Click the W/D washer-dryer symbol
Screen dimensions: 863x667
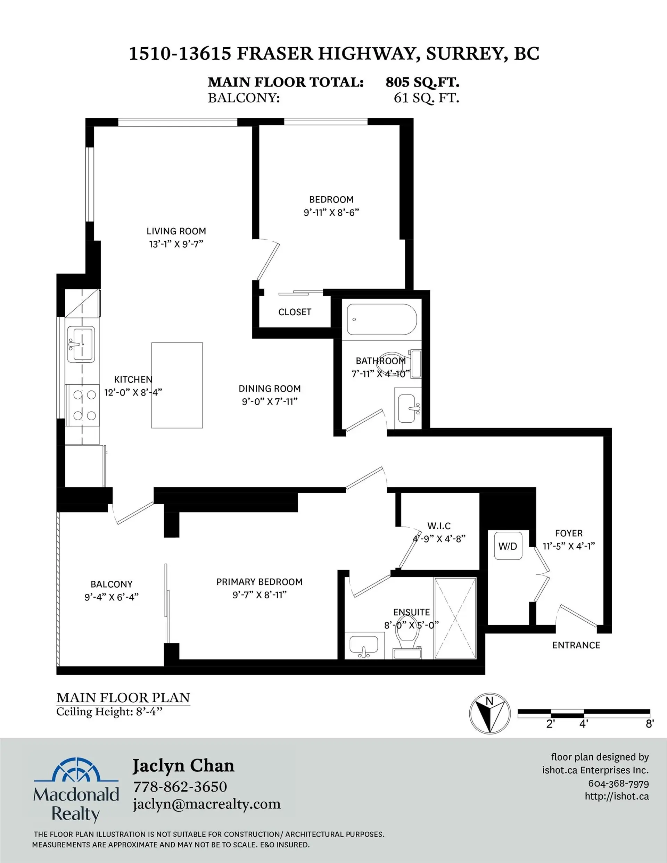click(x=508, y=546)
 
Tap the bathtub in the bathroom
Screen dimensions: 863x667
click(x=381, y=319)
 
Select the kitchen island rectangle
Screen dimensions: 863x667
click(x=177, y=385)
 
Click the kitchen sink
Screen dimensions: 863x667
click(x=81, y=344)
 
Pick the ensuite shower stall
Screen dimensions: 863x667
click(x=455, y=618)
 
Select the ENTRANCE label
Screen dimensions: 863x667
click(x=576, y=645)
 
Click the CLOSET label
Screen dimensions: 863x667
click(x=295, y=312)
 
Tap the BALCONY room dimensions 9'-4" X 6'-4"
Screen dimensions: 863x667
click(x=112, y=597)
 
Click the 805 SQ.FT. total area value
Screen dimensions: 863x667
click(x=422, y=82)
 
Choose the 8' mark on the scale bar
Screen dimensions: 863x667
click(x=650, y=724)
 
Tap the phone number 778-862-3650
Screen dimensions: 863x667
click(x=180, y=786)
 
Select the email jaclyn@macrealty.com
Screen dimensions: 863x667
click(x=207, y=804)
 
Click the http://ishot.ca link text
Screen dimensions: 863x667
click(x=617, y=796)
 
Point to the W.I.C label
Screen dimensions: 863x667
click(x=439, y=526)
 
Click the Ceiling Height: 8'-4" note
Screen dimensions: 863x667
click(x=109, y=712)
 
